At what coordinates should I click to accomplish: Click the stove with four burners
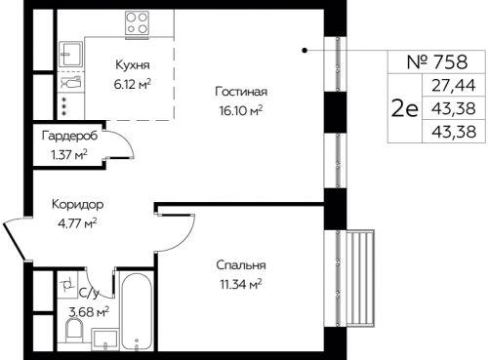coord(137,22)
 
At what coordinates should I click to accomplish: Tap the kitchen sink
coord(71,54)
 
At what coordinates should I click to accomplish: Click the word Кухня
coord(133,65)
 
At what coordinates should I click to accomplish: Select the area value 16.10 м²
coord(241,110)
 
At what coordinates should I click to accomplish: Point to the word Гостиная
coord(241,92)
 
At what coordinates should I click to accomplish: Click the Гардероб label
coord(69,136)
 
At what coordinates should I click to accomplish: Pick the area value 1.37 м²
coord(69,155)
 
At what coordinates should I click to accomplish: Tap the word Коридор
coord(78,205)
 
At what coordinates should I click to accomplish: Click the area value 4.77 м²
coord(77,223)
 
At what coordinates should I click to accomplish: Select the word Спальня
coord(241,265)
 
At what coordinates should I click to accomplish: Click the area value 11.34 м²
coord(241,285)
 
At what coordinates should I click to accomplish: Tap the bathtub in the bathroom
coord(137,311)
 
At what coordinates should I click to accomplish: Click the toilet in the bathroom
coord(74,330)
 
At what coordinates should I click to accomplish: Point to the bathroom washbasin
coord(104,340)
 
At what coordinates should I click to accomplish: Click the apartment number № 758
coord(437,61)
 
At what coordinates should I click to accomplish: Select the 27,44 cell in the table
coord(454,85)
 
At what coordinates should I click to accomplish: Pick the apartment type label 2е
coord(405,108)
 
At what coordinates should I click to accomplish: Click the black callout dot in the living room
coord(305,50)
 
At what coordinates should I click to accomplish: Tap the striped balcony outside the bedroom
coord(360,278)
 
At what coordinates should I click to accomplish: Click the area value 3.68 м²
coord(89,312)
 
